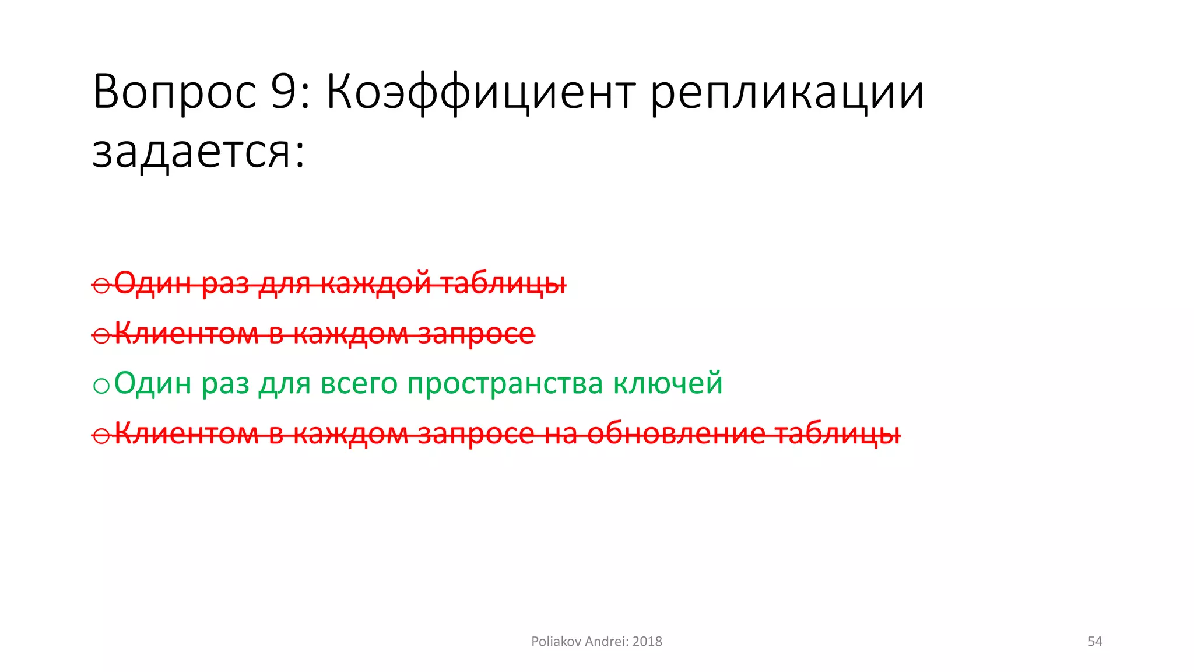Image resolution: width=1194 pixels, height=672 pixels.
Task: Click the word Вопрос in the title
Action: click(174, 92)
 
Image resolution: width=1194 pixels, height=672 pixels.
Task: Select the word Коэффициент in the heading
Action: click(480, 92)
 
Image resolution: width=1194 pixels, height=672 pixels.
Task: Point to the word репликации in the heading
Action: click(787, 92)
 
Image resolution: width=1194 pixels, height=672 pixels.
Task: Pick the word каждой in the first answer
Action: click(375, 284)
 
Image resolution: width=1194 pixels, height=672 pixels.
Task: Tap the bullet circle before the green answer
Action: click(101, 386)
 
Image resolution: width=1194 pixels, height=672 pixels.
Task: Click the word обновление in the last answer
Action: click(676, 433)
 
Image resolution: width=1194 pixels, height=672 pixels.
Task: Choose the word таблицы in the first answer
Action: click(503, 284)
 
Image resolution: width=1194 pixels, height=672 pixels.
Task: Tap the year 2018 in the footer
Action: click(647, 642)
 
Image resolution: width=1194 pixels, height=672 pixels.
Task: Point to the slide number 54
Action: click(1095, 642)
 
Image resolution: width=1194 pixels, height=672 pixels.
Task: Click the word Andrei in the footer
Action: click(606, 642)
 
